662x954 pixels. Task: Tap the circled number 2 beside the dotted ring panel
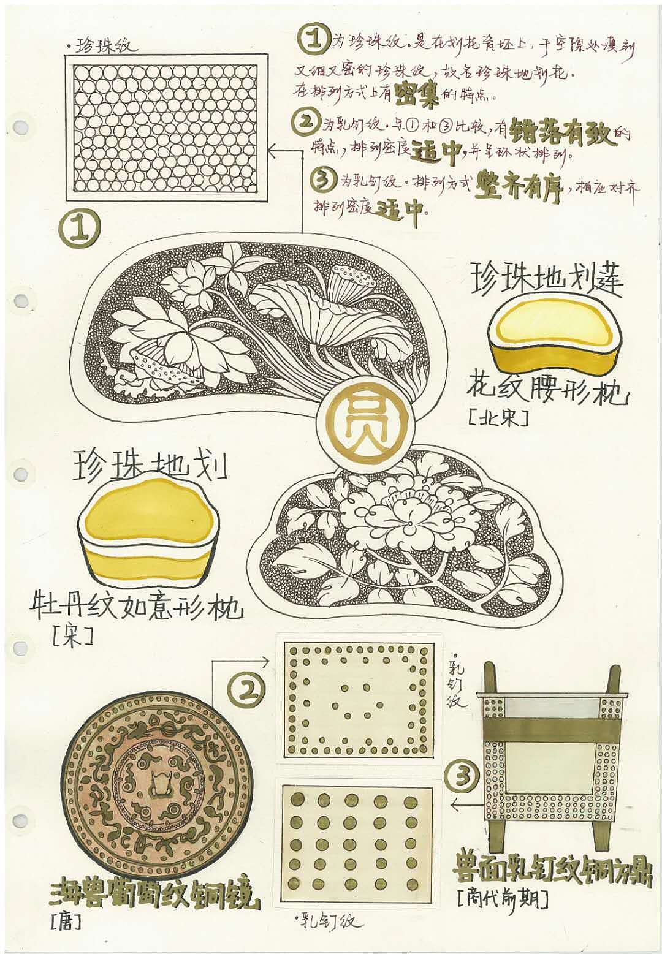(248, 691)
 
